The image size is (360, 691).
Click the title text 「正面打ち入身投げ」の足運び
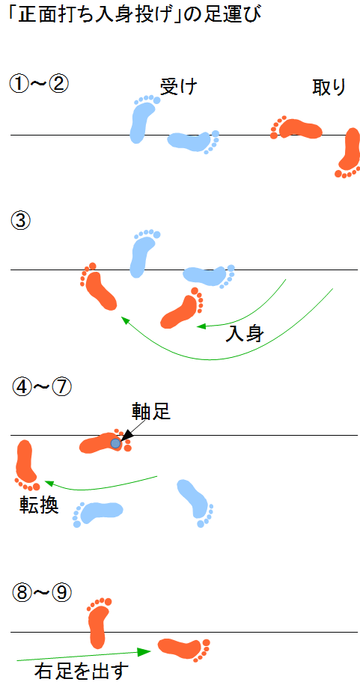135,15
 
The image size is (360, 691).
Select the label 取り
329,88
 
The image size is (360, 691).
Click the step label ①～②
39,84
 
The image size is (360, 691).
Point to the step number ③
19,220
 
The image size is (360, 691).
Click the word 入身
244,335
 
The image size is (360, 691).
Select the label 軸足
150,411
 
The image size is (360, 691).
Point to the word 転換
39,505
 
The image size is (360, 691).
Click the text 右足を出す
82,672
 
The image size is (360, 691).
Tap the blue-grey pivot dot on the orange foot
115,443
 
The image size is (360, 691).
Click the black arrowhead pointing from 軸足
125,436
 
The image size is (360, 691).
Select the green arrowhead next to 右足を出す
144,652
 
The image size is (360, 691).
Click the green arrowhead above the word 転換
49,484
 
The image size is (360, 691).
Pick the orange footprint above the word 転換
26,466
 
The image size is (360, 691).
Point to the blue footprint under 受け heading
144,119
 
